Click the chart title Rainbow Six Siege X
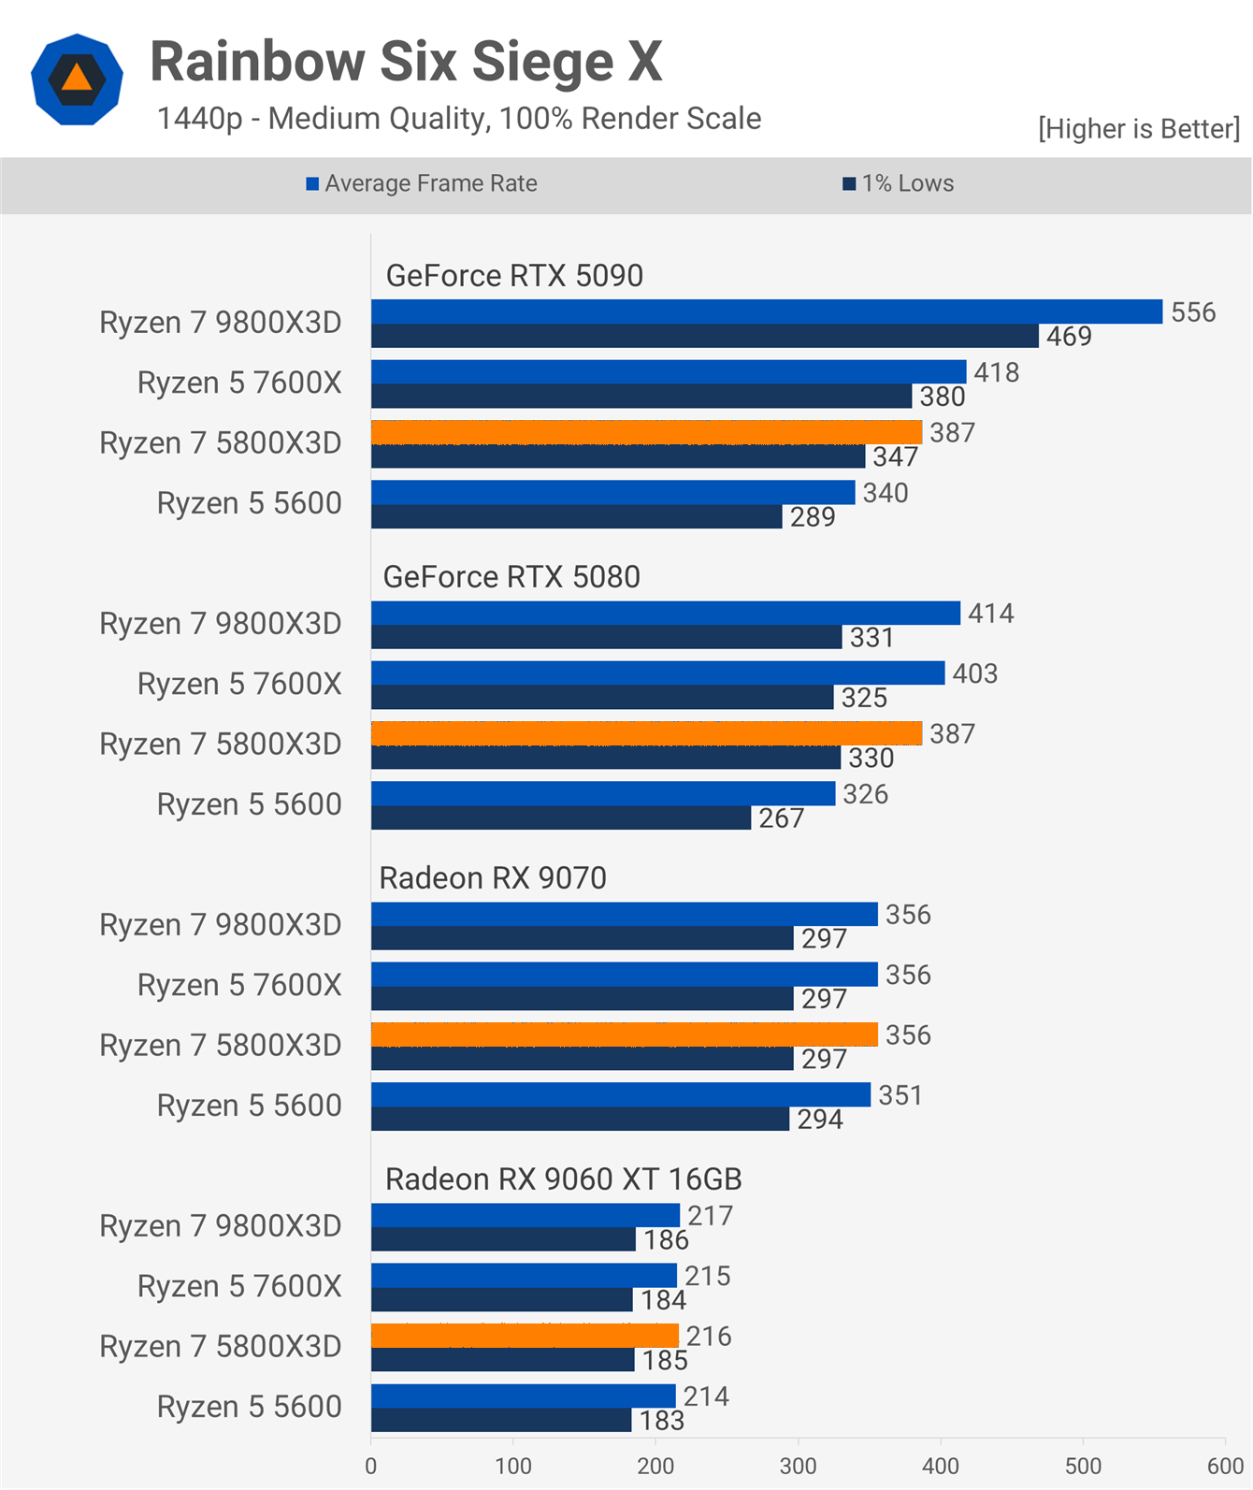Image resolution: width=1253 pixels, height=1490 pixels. coord(406,62)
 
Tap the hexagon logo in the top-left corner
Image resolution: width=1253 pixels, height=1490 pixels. coord(77,80)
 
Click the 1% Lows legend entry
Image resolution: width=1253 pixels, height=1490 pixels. coord(899,183)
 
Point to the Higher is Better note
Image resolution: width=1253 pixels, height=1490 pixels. coord(1138,128)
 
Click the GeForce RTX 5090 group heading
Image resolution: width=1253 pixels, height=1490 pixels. coord(514,276)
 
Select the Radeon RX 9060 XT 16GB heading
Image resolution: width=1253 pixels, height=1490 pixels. coord(563,1179)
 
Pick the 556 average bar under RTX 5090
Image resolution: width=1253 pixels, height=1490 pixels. coord(766,311)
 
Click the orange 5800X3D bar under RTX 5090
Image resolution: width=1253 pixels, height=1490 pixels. coord(646,432)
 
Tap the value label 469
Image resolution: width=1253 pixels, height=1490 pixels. coord(1069,337)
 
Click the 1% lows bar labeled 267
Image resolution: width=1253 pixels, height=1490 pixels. coord(560,818)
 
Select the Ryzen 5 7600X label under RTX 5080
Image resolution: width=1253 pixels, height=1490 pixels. coord(239,684)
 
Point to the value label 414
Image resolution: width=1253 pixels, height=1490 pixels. coord(990,614)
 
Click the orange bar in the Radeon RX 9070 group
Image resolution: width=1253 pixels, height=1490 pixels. coord(624,1034)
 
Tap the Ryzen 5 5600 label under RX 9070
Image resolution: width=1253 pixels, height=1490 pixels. coord(249,1106)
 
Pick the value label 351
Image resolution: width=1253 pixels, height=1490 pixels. coord(900,1095)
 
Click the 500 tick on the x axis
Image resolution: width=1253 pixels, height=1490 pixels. coord(1083,1466)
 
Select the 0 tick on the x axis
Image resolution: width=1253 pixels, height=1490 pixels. coord(371,1466)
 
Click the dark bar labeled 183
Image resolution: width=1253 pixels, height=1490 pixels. coord(501,1421)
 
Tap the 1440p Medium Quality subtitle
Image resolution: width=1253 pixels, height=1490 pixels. coord(458,119)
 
